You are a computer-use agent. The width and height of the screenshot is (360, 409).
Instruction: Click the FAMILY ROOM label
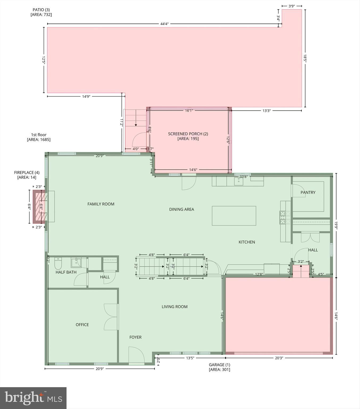pyautogui.click(x=101, y=204)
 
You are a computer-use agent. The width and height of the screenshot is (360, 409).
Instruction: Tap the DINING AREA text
pyautogui.click(x=181, y=209)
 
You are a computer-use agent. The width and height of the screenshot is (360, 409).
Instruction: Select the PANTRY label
pyautogui.click(x=308, y=192)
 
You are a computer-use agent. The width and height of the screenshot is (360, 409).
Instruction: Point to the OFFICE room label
pyautogui.click(x=82, y=325)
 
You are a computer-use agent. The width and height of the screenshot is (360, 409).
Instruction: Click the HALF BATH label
pyautogui.click(x=66, y=272)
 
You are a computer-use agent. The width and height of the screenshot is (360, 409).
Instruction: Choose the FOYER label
pyautogui.click(x=135, y=337)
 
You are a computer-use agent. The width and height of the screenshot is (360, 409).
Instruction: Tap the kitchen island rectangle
pyautogui.click(x=234, y=216)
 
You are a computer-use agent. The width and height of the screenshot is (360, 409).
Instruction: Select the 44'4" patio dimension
pyautogui.click(x=164, y=24)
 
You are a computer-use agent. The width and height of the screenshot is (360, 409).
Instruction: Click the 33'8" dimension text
pyautogui.click(x=243, y=177)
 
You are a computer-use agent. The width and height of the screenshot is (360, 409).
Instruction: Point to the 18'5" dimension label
pyautogui.click(x=305, y=58)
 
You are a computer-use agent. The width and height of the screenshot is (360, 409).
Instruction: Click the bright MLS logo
pyautogui.click(x=33, y=398)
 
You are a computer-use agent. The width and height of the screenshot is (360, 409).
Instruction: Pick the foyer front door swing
pyautogui.click(x=136, y=354)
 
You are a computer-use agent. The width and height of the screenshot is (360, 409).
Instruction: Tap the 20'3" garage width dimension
pyautogui.click(x=279, y=358)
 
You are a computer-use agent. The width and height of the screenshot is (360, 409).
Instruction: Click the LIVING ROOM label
pyautogui.click(x=175, y=307)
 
